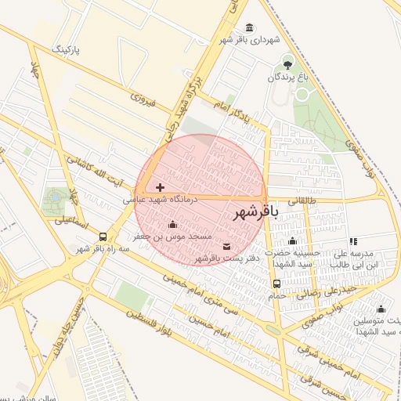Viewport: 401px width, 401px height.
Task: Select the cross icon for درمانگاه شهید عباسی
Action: pos(161,187)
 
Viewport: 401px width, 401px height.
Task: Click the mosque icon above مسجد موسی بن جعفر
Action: pos(172,225)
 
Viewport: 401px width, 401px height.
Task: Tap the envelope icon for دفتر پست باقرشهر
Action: pos(227,247)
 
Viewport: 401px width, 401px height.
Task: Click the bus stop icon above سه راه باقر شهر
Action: pos(103,236)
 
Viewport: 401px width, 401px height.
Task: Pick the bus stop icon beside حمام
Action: pos(276,284)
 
